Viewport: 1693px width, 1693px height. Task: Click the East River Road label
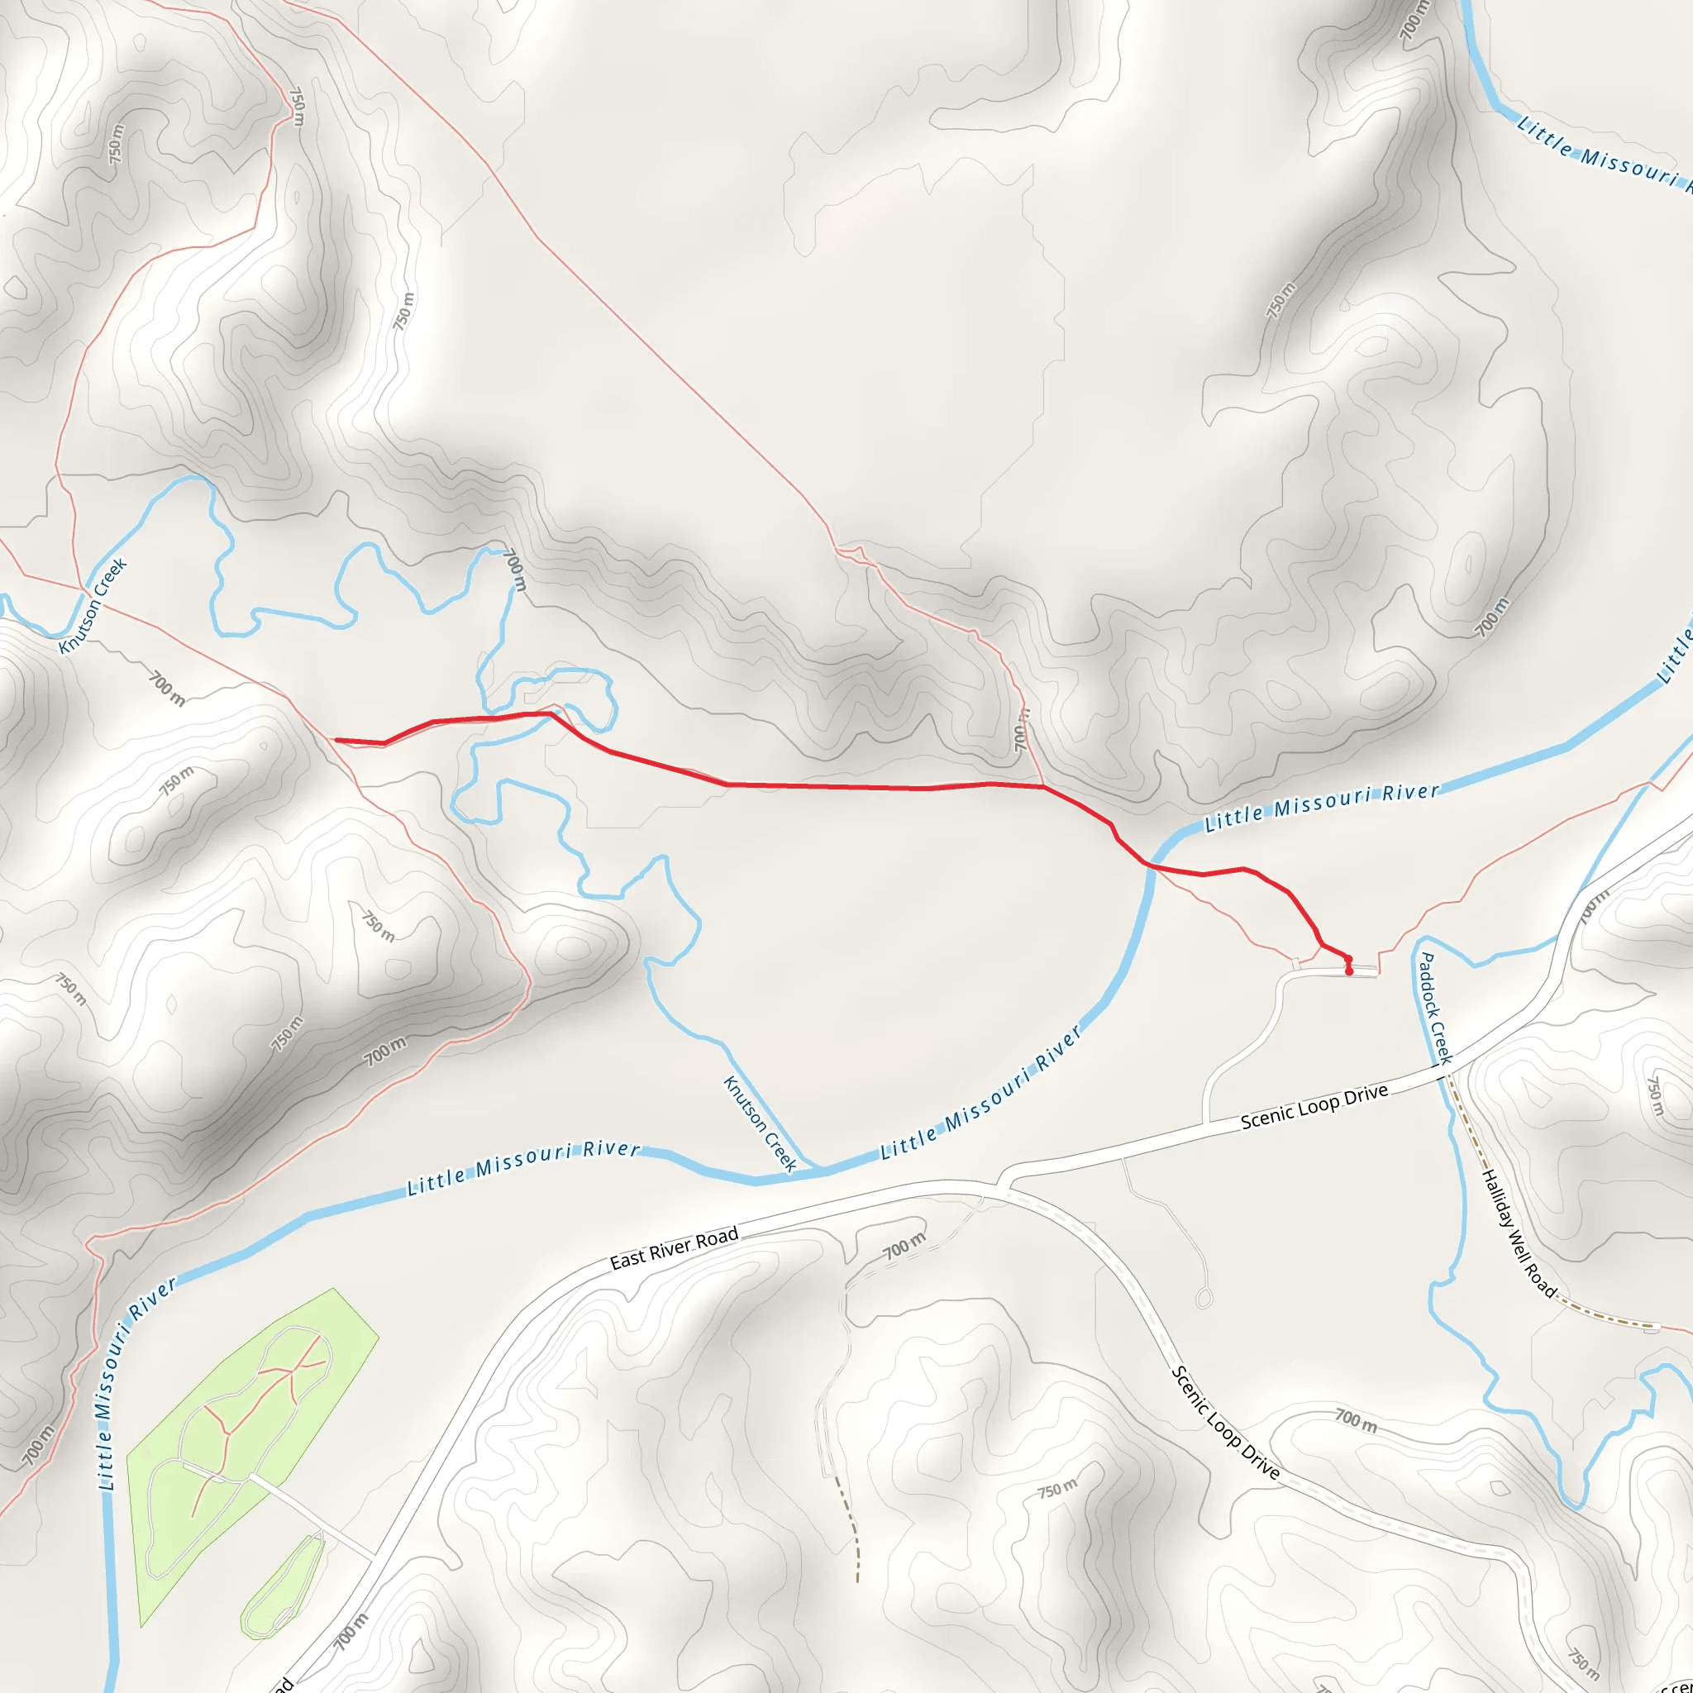click(x=674, y=1247)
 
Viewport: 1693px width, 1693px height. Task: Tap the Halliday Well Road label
click(x=1519, y=1234)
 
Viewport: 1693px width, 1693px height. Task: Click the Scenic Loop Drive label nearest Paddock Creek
click(x=1314, y=1106)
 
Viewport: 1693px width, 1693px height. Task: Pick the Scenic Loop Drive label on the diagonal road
click(x=1226, y=1424)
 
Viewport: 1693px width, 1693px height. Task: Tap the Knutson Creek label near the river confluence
click(x=760, y=1123)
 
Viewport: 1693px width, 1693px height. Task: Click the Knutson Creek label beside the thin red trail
click(x=93, y=605)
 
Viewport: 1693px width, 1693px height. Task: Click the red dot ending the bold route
click(x=1348, y=972)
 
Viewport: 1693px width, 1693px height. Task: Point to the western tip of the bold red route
click(x=336, y=741)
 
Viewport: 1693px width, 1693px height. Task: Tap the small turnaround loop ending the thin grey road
click(x=1204, y=1298)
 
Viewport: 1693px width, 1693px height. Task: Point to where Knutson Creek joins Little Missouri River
click(x=819, y=1169)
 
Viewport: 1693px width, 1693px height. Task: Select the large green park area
click(x=254, y=1437)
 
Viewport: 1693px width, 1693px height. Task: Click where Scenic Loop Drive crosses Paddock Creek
click(x=1442, y=1071)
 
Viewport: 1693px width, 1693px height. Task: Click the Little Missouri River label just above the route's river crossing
click(x=1322, y=807)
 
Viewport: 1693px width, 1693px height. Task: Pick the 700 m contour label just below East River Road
click(x=904, y=1245)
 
